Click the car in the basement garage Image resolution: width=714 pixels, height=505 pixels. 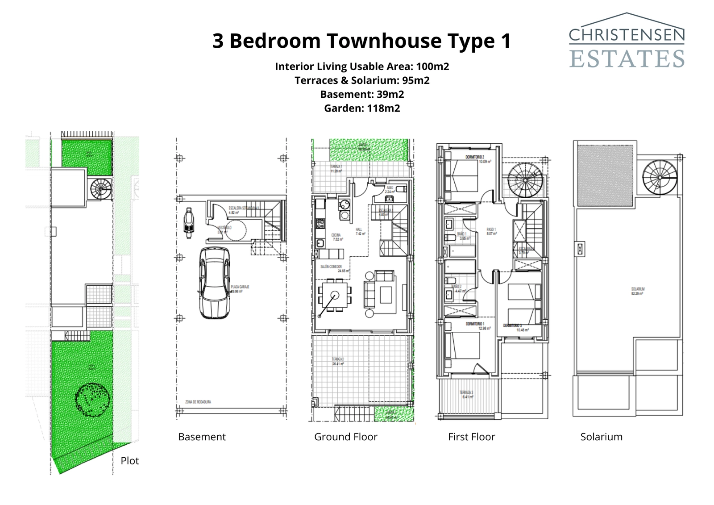pyautogui.click(x=215, y=283)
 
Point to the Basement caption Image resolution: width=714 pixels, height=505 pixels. pyautogui.click(x=202, y=437)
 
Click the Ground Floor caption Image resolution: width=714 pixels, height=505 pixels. pyautogui.click(x=345, y=437)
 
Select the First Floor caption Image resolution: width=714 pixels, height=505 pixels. pyautogui.click(x=471, y=437)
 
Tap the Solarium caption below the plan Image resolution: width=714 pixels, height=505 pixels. pyautogui.click(x=601, y=437)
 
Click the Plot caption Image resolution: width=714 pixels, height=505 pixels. pyautogui.click(x=129, y=461)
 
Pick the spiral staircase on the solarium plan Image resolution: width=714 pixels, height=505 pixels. pyautogui.click(x=660, y=177)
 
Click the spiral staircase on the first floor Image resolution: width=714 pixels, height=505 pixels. pyautogui.click(x=526, y=180)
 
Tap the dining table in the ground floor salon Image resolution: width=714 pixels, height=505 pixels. pyautogui.click(x=334, y=295)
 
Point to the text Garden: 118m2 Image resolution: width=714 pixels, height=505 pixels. pyautogui.click(x=362, y=108)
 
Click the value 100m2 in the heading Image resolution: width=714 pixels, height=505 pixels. pyautogui.click(x=432, y=67)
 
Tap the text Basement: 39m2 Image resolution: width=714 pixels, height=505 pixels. pyautogui.click(x=362, y=94)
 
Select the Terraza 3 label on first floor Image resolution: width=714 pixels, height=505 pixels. pyautogui.click(x=466, y=394)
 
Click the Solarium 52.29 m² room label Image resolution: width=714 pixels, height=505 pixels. pyautogui.click(x=637, y=291)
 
